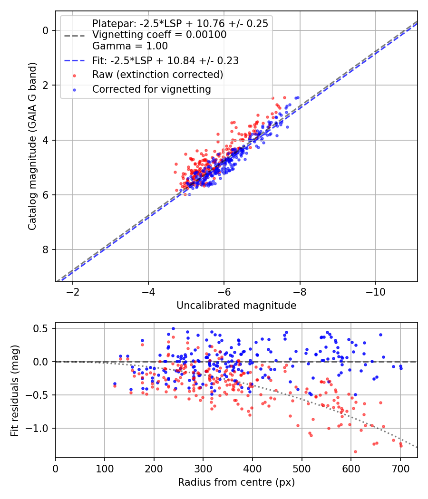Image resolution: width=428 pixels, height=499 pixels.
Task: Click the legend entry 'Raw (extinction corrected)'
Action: coord(157,75)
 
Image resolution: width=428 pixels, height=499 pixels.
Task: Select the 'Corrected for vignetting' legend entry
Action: coord(152,89)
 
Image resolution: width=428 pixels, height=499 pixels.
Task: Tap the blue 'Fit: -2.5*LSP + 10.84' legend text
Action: coord(165,60)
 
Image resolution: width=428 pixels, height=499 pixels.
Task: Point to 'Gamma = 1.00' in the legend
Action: coord(130,46)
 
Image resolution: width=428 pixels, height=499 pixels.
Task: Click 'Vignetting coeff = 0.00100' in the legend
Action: coord(159,35)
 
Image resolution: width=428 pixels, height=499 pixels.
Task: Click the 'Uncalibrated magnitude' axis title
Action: coord(236,306)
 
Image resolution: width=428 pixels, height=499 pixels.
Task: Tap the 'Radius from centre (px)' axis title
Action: coord(236,482)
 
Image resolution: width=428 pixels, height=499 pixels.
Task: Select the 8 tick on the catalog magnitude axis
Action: coord(46,249)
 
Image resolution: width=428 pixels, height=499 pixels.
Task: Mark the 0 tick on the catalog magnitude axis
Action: coord(46,30)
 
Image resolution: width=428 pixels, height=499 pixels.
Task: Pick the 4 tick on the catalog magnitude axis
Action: coord(46,140)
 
